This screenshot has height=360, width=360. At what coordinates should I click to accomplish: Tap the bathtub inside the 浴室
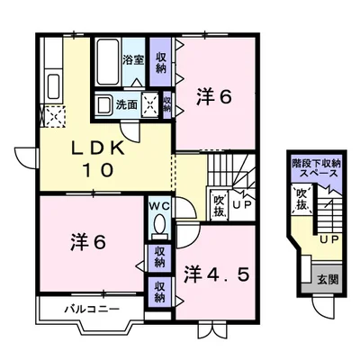(x=111, y=61)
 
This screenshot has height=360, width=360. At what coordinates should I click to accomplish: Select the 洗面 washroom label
(x=126, y=104)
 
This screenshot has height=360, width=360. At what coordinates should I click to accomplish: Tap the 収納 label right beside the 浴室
(x=161, y=62)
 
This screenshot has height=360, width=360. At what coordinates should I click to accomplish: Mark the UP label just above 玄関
(x=328, y=239)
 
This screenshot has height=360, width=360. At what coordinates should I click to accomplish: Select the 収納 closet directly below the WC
(x=159, y=256)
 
